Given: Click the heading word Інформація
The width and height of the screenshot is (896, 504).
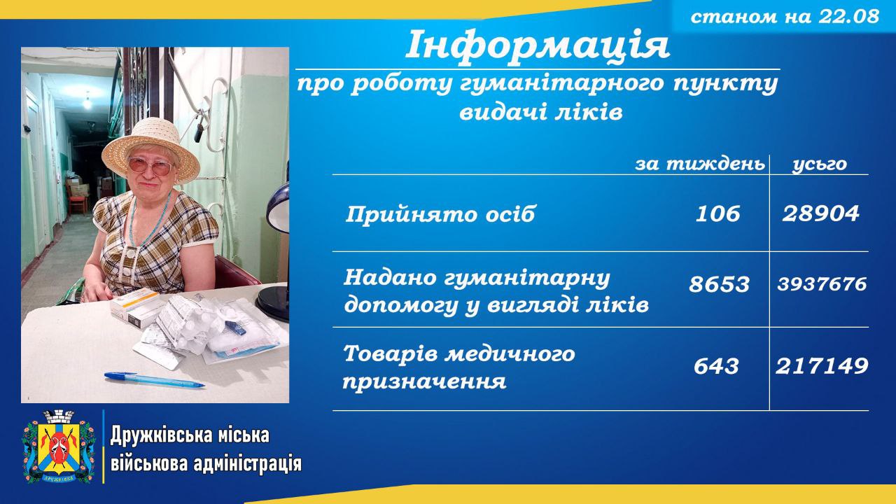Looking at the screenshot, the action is click(x=538, y=45).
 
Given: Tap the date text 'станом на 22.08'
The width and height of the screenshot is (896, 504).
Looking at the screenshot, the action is click(x=785, y=17).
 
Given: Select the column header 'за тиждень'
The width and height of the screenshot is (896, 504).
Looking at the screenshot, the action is click(x=700, y=164).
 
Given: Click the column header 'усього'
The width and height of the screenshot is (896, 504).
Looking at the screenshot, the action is click(x=820, y=164).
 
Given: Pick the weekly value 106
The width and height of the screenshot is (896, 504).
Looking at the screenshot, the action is click(x=717, y=213).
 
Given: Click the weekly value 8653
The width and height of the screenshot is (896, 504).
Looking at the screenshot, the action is click(x=719, y=284).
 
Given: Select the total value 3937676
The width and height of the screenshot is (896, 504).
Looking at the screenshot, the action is click(x=822, y=284).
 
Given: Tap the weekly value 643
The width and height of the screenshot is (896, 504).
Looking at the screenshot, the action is click(x=716, y=366).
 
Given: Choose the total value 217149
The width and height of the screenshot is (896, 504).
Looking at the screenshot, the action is click(x=822, y=366).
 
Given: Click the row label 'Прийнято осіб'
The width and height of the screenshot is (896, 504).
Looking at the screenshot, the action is click(x=440, y=214).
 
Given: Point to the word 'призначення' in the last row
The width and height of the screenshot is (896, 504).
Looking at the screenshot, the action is click(x=424, y=381).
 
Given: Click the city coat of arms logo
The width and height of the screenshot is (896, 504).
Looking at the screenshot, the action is click(x=59, y=446).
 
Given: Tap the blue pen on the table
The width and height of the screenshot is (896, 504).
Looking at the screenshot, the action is click(x=155, y=379).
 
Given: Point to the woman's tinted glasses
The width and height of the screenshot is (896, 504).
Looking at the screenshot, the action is click(x=150, y=166).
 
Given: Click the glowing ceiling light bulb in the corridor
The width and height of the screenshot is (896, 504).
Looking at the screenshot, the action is click(x=87, y=101).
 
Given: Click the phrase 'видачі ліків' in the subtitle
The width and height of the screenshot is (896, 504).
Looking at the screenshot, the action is click(x=541, y=113).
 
